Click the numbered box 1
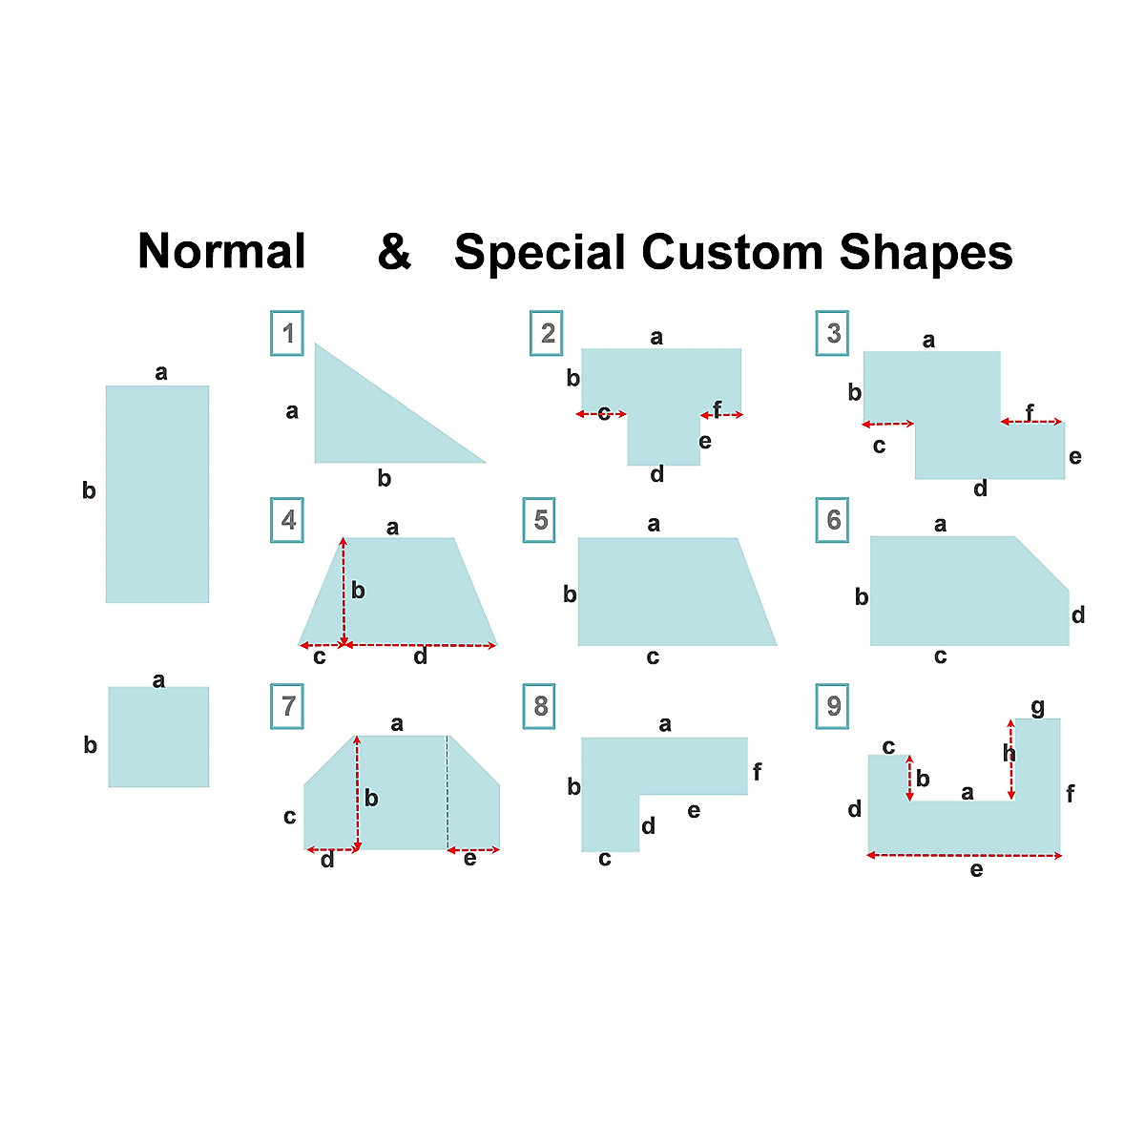coord(287,334)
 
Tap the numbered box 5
coord(540,520)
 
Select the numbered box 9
coord(833,706)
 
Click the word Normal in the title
coord(221,252)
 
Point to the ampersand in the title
coord(394,253)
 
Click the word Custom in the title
coord(732,253)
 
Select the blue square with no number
coord(158,737)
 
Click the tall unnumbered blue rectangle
coord(157,494)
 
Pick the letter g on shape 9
coord(1038,707)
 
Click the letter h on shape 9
coord(1010,754)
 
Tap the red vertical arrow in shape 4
coord(343,592)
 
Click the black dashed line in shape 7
coord(448,792)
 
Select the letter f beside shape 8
coord(757,772)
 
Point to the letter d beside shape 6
coord(1078,615)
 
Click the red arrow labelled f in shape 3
coord(1030,422)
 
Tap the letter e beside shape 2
coord(705,441)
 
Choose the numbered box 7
coord(287,706)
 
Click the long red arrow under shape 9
coord(964,856)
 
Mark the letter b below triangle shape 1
coord(385,479)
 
